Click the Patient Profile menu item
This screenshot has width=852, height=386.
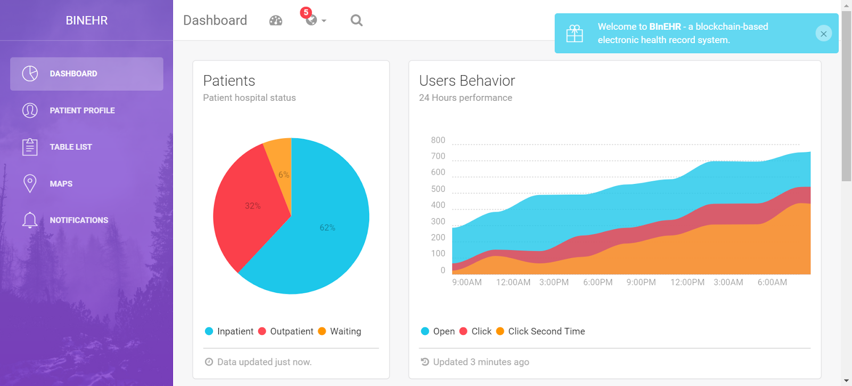click(x=82, y=110)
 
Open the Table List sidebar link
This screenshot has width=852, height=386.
click(x=71, y=147)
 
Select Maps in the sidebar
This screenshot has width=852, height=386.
click(x=61, y=183)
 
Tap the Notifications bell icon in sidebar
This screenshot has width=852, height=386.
click(x=30, y=220)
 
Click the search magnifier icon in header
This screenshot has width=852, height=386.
click(x=356, y=20)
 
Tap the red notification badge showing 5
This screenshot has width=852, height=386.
click(x=306, y=12)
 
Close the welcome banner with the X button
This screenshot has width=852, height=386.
click(x=823, y=34)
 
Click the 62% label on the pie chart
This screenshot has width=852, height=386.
click(x=327, y=228)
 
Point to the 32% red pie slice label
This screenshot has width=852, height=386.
click(x=252, y=206)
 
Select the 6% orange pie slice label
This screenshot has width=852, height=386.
click(x=284, y=175)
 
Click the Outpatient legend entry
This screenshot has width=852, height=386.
click(x=291, y=331)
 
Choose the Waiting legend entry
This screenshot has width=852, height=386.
click(x=345, y=331)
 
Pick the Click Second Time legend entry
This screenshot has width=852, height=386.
click(x=546, y=331)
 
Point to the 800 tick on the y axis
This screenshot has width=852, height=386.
click(x=438, y=140)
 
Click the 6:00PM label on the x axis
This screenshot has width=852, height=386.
click(x=597, y=282)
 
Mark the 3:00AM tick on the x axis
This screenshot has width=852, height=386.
click(x=728, y=282)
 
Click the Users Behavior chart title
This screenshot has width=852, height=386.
click(x=467, y=81)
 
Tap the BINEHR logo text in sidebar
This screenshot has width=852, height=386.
click(x=87, y=20)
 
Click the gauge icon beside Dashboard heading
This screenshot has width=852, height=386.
click(x=276, y=20)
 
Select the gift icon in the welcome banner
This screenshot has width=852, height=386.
click(x=575, y=34)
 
